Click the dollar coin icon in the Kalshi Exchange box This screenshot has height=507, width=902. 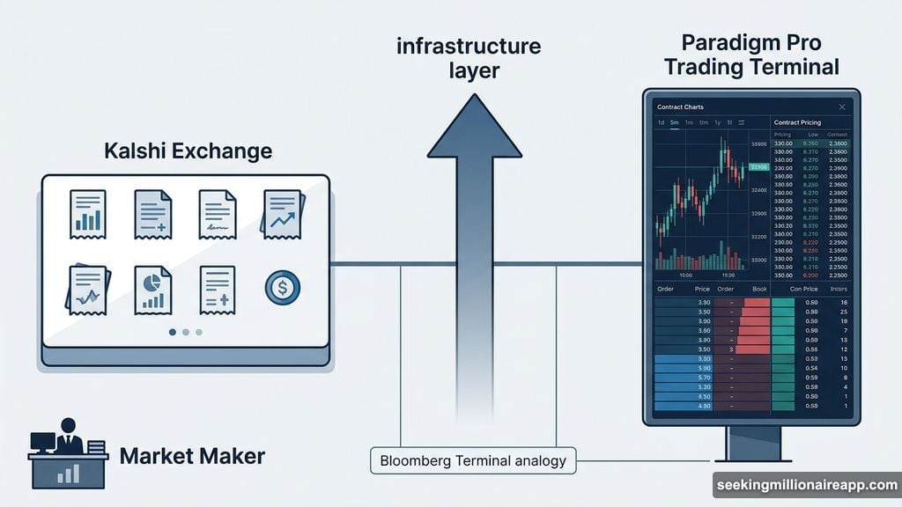point(282,287)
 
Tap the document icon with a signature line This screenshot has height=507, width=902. point(217,213)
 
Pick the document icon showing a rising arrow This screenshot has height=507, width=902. point(283,213)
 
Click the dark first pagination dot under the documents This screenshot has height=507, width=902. point(173,332)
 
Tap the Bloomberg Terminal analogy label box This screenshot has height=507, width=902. point(473,459)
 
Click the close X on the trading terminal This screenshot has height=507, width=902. point(841,107)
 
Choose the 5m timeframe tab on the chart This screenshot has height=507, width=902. point(675,122)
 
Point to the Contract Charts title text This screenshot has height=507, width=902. point(681,107)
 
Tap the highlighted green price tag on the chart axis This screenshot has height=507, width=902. point(758,167)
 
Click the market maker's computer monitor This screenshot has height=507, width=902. point(43,442)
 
